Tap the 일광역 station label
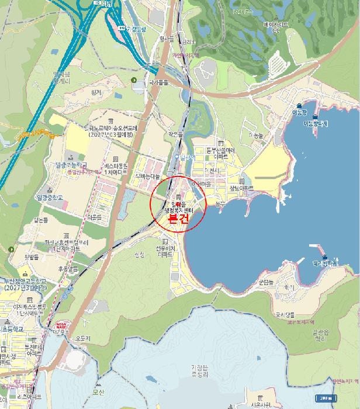(188, 157)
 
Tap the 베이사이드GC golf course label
(276, 25)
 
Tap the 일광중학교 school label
(49, 198)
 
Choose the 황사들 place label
(167, 39)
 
